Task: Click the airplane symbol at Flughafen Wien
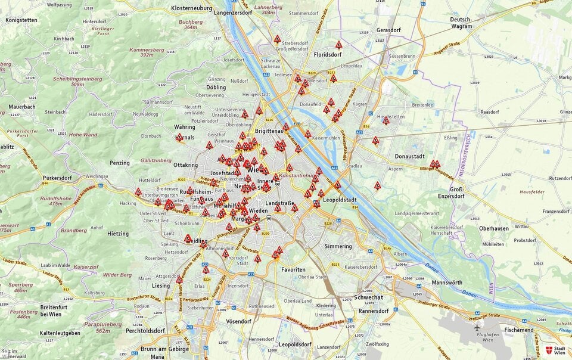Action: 477,327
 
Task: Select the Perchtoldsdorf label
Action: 144,330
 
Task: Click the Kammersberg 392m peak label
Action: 147,52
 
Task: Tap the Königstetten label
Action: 21,20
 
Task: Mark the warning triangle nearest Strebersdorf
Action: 277,39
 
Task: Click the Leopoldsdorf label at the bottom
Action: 296,345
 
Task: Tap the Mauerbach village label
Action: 22,107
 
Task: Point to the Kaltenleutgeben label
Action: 60,333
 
